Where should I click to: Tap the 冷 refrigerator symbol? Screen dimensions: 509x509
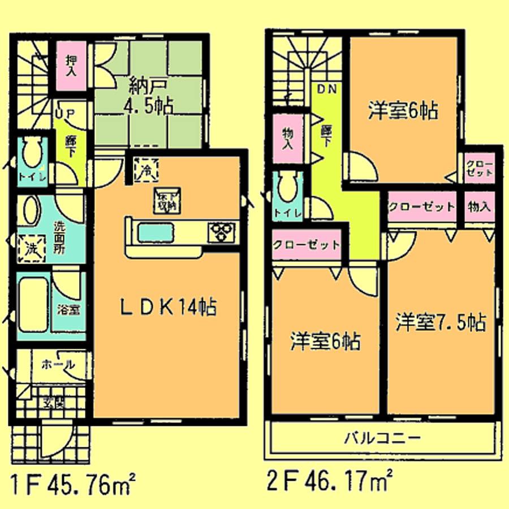(145, 170)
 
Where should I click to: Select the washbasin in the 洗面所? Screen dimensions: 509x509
(28, 212)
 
